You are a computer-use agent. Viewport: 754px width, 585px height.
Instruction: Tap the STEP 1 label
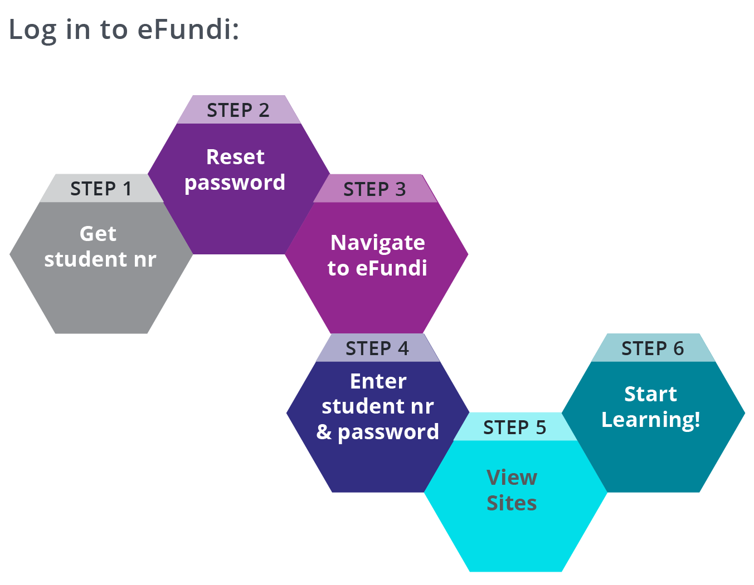pos(101,189)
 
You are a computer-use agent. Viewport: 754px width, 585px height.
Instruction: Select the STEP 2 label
pos(238,110)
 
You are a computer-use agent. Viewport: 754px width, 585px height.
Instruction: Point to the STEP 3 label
pos(374,189)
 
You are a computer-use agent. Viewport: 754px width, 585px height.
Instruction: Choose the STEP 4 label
pos(377,348)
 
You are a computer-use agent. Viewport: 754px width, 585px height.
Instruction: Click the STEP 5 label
pos(514,427)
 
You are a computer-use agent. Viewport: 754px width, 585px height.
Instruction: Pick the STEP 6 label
pos(652,348)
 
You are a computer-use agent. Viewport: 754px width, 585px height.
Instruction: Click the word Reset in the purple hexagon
pos(235,157)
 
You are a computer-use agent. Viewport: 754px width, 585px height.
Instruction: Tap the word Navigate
pos(377,243)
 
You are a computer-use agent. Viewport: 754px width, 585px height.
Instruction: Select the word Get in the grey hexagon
pos(98,234)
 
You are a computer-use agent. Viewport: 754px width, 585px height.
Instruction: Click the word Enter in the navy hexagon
pos(378,381)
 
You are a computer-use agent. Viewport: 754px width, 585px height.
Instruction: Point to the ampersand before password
pos(324,432)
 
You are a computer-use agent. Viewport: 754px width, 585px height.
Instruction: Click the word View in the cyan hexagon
pos(512,478)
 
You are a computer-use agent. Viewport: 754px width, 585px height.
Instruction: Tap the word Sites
pos(512,503)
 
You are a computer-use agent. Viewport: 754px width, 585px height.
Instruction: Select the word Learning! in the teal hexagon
pos(650,420)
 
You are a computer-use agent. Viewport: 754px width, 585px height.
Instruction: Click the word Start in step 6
pos(650,394)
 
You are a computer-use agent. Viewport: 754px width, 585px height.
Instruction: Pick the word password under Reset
pos(235,183)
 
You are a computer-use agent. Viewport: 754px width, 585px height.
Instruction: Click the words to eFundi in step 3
pos(377,268)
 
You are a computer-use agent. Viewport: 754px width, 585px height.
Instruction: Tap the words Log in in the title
pos(49,30)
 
